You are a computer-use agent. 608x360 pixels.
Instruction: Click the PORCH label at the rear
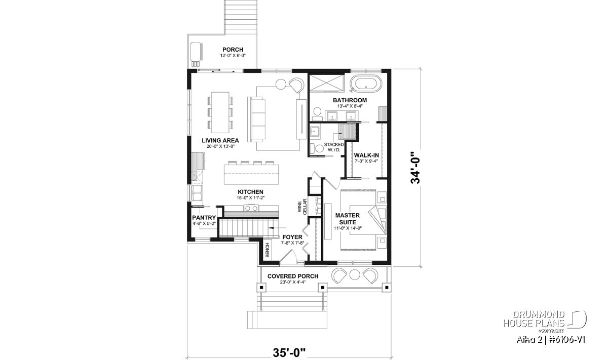click(x=233, y=50)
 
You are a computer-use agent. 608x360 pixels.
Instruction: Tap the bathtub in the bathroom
click(x=365, y=83)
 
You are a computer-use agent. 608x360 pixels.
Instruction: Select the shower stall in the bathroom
click(x=327, y=83)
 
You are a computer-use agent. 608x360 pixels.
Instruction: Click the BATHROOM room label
click(x=350, y=100)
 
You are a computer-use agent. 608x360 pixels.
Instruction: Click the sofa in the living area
click(x=256, y=119)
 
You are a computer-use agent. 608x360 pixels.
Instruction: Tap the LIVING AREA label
click(x=220, y=141)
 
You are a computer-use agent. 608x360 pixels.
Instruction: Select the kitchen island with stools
click(x=251, y=173)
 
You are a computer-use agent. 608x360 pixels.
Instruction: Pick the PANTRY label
click(x=204, y=218)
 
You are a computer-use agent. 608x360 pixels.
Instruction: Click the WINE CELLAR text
click(x=302, y=207)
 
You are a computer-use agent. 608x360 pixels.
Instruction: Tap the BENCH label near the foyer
click(x=267, y=250)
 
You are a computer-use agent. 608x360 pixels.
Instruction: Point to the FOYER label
click(x=292, y=237)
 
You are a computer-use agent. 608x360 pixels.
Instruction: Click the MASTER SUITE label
click(x=348, y=219)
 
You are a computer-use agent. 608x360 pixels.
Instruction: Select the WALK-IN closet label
click(x=366, y=155)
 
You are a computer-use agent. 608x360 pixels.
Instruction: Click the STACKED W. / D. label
click(x=333, y=147)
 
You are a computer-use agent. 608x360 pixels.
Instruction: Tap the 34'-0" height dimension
click(x=415, y=167)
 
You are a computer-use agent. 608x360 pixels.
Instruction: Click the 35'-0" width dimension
click(x=289, y=353)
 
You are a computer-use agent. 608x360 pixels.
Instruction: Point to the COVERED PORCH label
click(x=293, y=276)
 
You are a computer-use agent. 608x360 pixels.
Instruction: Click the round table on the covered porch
click(x=355, y=274)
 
